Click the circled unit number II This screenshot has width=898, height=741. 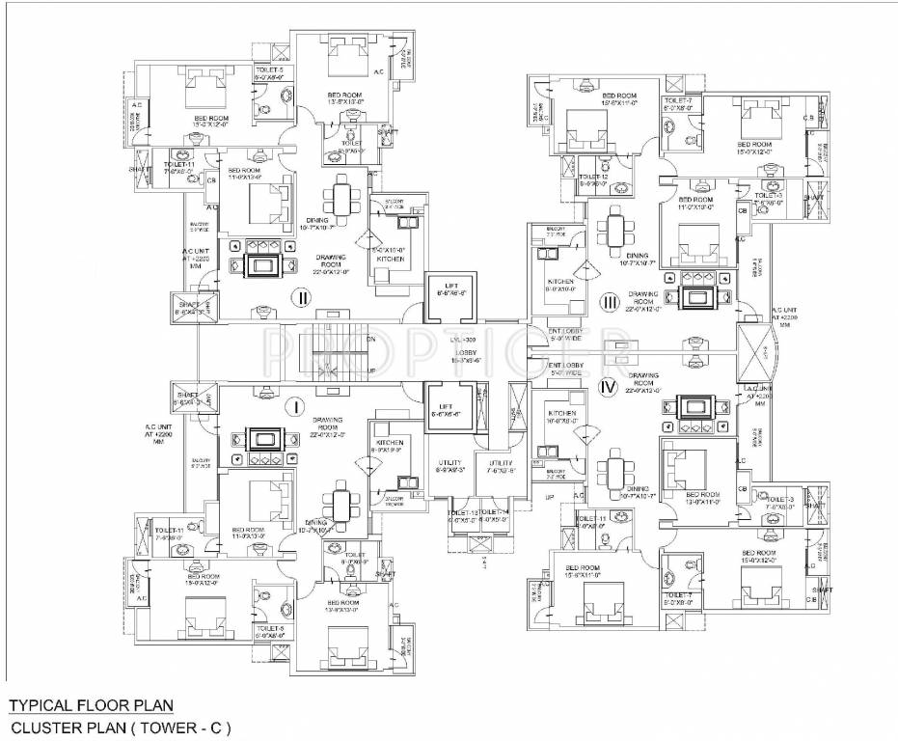302,298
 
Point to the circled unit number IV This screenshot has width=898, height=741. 607,389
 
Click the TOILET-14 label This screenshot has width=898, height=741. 495,511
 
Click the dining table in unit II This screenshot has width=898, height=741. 342,202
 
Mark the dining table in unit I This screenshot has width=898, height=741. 340,505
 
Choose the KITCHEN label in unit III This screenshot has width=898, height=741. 560,283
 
